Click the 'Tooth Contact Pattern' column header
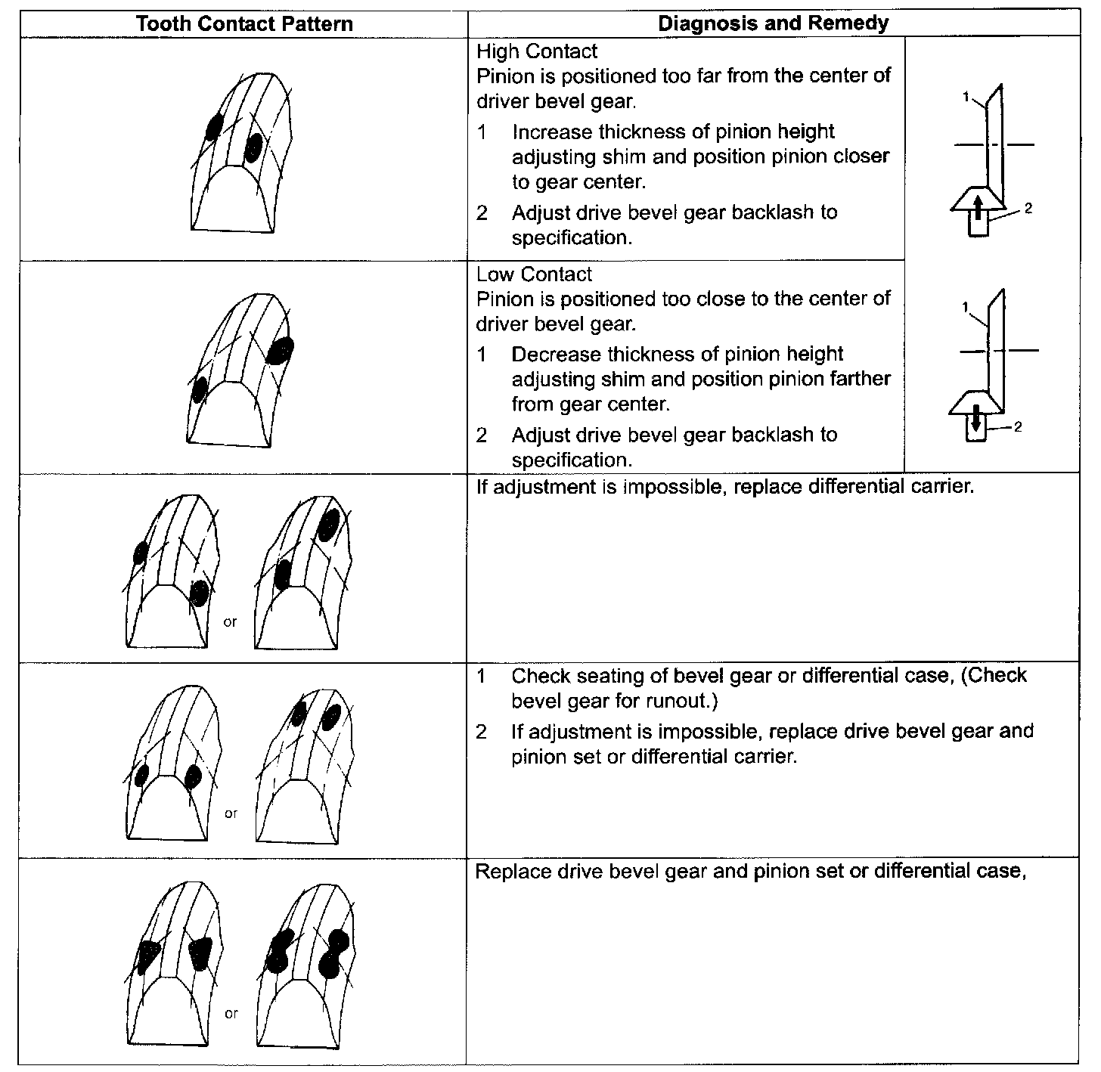[x=244, y=23]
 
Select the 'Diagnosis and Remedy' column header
[x=773, y=23]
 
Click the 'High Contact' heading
[x=536, y=51]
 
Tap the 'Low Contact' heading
[x=534, y=274]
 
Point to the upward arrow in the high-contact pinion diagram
[x=977, y=206]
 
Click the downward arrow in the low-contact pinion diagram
[x=975, y=417]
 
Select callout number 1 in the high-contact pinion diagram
[x=966, y=96]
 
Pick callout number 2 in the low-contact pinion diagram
[x=1018, y=427]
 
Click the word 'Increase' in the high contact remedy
[x=552, y=132]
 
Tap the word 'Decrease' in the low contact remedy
[x=556, y=354]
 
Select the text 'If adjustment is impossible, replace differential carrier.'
[x=725, y=486]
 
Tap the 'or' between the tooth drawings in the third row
[x=230, y=622]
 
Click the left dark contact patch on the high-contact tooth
[x=213, y=127]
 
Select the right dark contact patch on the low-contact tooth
[x=282, y=350]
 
